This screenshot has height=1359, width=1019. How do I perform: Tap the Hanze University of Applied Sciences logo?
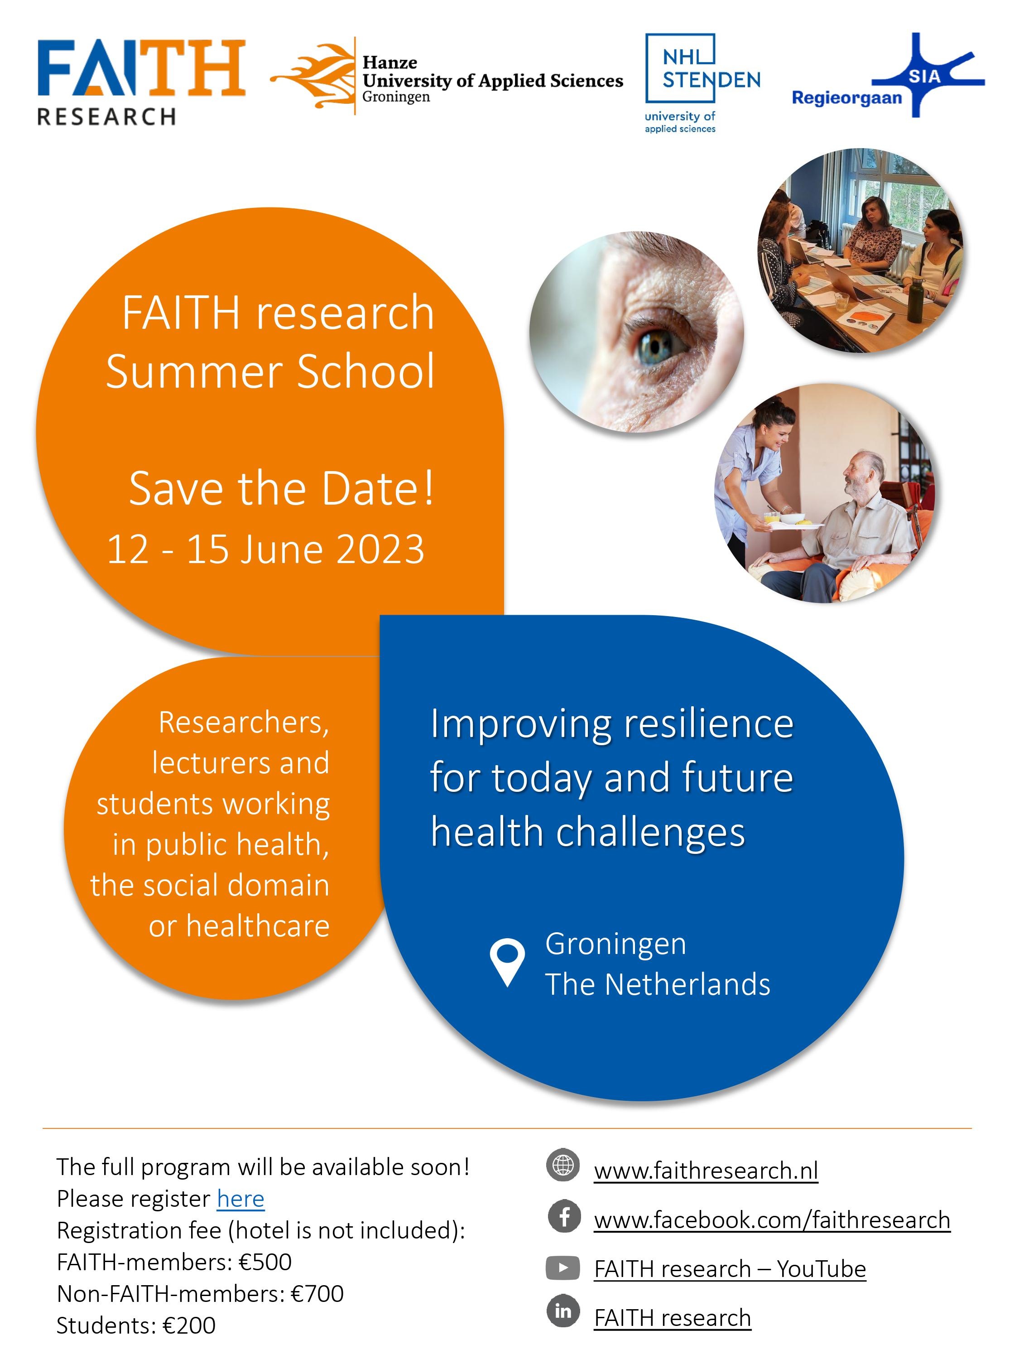coord(447,76)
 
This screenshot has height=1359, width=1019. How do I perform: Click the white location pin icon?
coord(507,962)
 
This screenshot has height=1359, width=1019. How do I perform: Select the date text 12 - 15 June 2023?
coord(265,549)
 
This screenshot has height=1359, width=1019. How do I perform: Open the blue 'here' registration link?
coord(241,1199)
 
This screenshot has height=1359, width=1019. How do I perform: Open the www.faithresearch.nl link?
coord(706,1171)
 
